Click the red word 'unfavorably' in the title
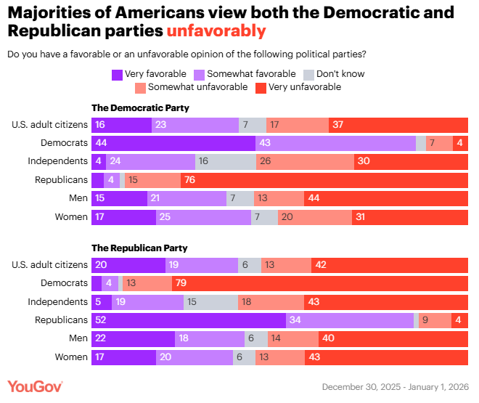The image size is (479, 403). pos(216,31)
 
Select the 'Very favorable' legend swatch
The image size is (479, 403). pos(117,74)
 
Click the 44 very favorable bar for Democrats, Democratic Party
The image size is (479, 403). pos(173,143)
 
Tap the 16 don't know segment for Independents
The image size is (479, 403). pos(226,161)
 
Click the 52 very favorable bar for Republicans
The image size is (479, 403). pos(189,319)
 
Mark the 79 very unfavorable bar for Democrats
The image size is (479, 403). pos(320,283)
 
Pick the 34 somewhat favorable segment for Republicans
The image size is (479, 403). pos(350,319)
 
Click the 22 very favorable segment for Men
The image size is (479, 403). pos(133,338)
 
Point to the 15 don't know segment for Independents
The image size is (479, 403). pos(210,301)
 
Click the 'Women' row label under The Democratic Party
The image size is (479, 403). pos(71,216)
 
